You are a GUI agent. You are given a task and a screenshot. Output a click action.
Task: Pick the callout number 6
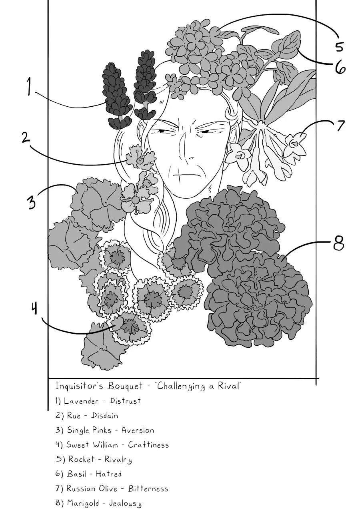click(340, 67)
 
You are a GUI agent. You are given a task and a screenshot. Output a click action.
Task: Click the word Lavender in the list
click(81, 401)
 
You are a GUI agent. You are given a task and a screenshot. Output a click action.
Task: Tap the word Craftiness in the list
click(148, 444)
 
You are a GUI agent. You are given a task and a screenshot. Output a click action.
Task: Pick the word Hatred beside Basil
click(108, 474)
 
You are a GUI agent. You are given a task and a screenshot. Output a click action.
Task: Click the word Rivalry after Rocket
click(118, 459)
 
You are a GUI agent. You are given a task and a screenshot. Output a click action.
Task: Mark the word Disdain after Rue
click(105, 415)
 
